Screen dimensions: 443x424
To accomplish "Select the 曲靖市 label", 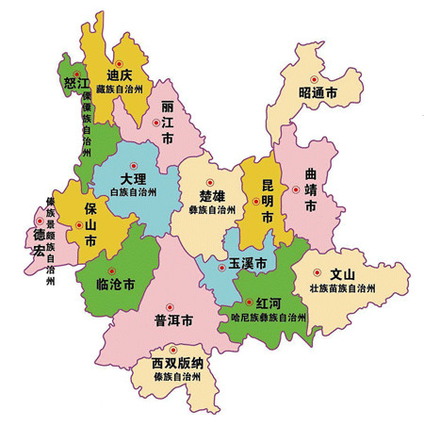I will click(x=311, y=189).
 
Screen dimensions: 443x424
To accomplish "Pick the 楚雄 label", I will click(x=212, y=195).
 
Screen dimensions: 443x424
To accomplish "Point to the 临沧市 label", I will click(x=116, y=283).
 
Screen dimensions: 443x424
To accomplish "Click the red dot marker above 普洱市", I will click(x=170, y=304).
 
